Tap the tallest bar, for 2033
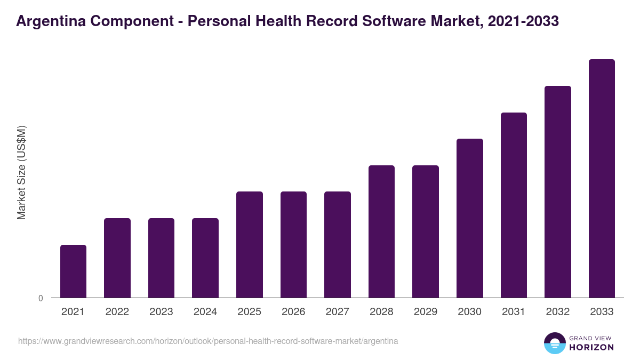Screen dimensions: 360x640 602,178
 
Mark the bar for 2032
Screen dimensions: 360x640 558,191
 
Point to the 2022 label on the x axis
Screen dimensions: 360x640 117,312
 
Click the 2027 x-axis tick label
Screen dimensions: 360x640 338,312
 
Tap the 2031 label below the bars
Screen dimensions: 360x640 514,312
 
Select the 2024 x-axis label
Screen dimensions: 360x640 205,312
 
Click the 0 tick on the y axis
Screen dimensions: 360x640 41,298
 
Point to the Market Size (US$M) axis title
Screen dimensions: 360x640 21,172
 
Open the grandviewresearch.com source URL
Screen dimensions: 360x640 208,341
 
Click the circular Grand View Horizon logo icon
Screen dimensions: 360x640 554,343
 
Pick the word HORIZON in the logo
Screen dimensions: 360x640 592,347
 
